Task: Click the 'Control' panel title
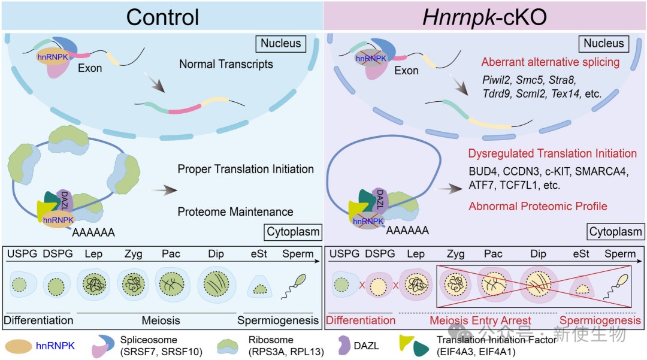tap(162, 16)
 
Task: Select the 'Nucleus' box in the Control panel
tap(280, 44)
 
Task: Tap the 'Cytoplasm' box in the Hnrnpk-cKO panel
tap(615, 232)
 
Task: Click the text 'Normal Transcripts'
tap(226, 64)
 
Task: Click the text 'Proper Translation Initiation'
tap(246, 170)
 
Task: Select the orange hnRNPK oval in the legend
tap(22, 346)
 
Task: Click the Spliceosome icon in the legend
tap(105, 346)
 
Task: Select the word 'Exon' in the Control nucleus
tap(90, 69)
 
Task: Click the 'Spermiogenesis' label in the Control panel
tap(278, 320)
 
